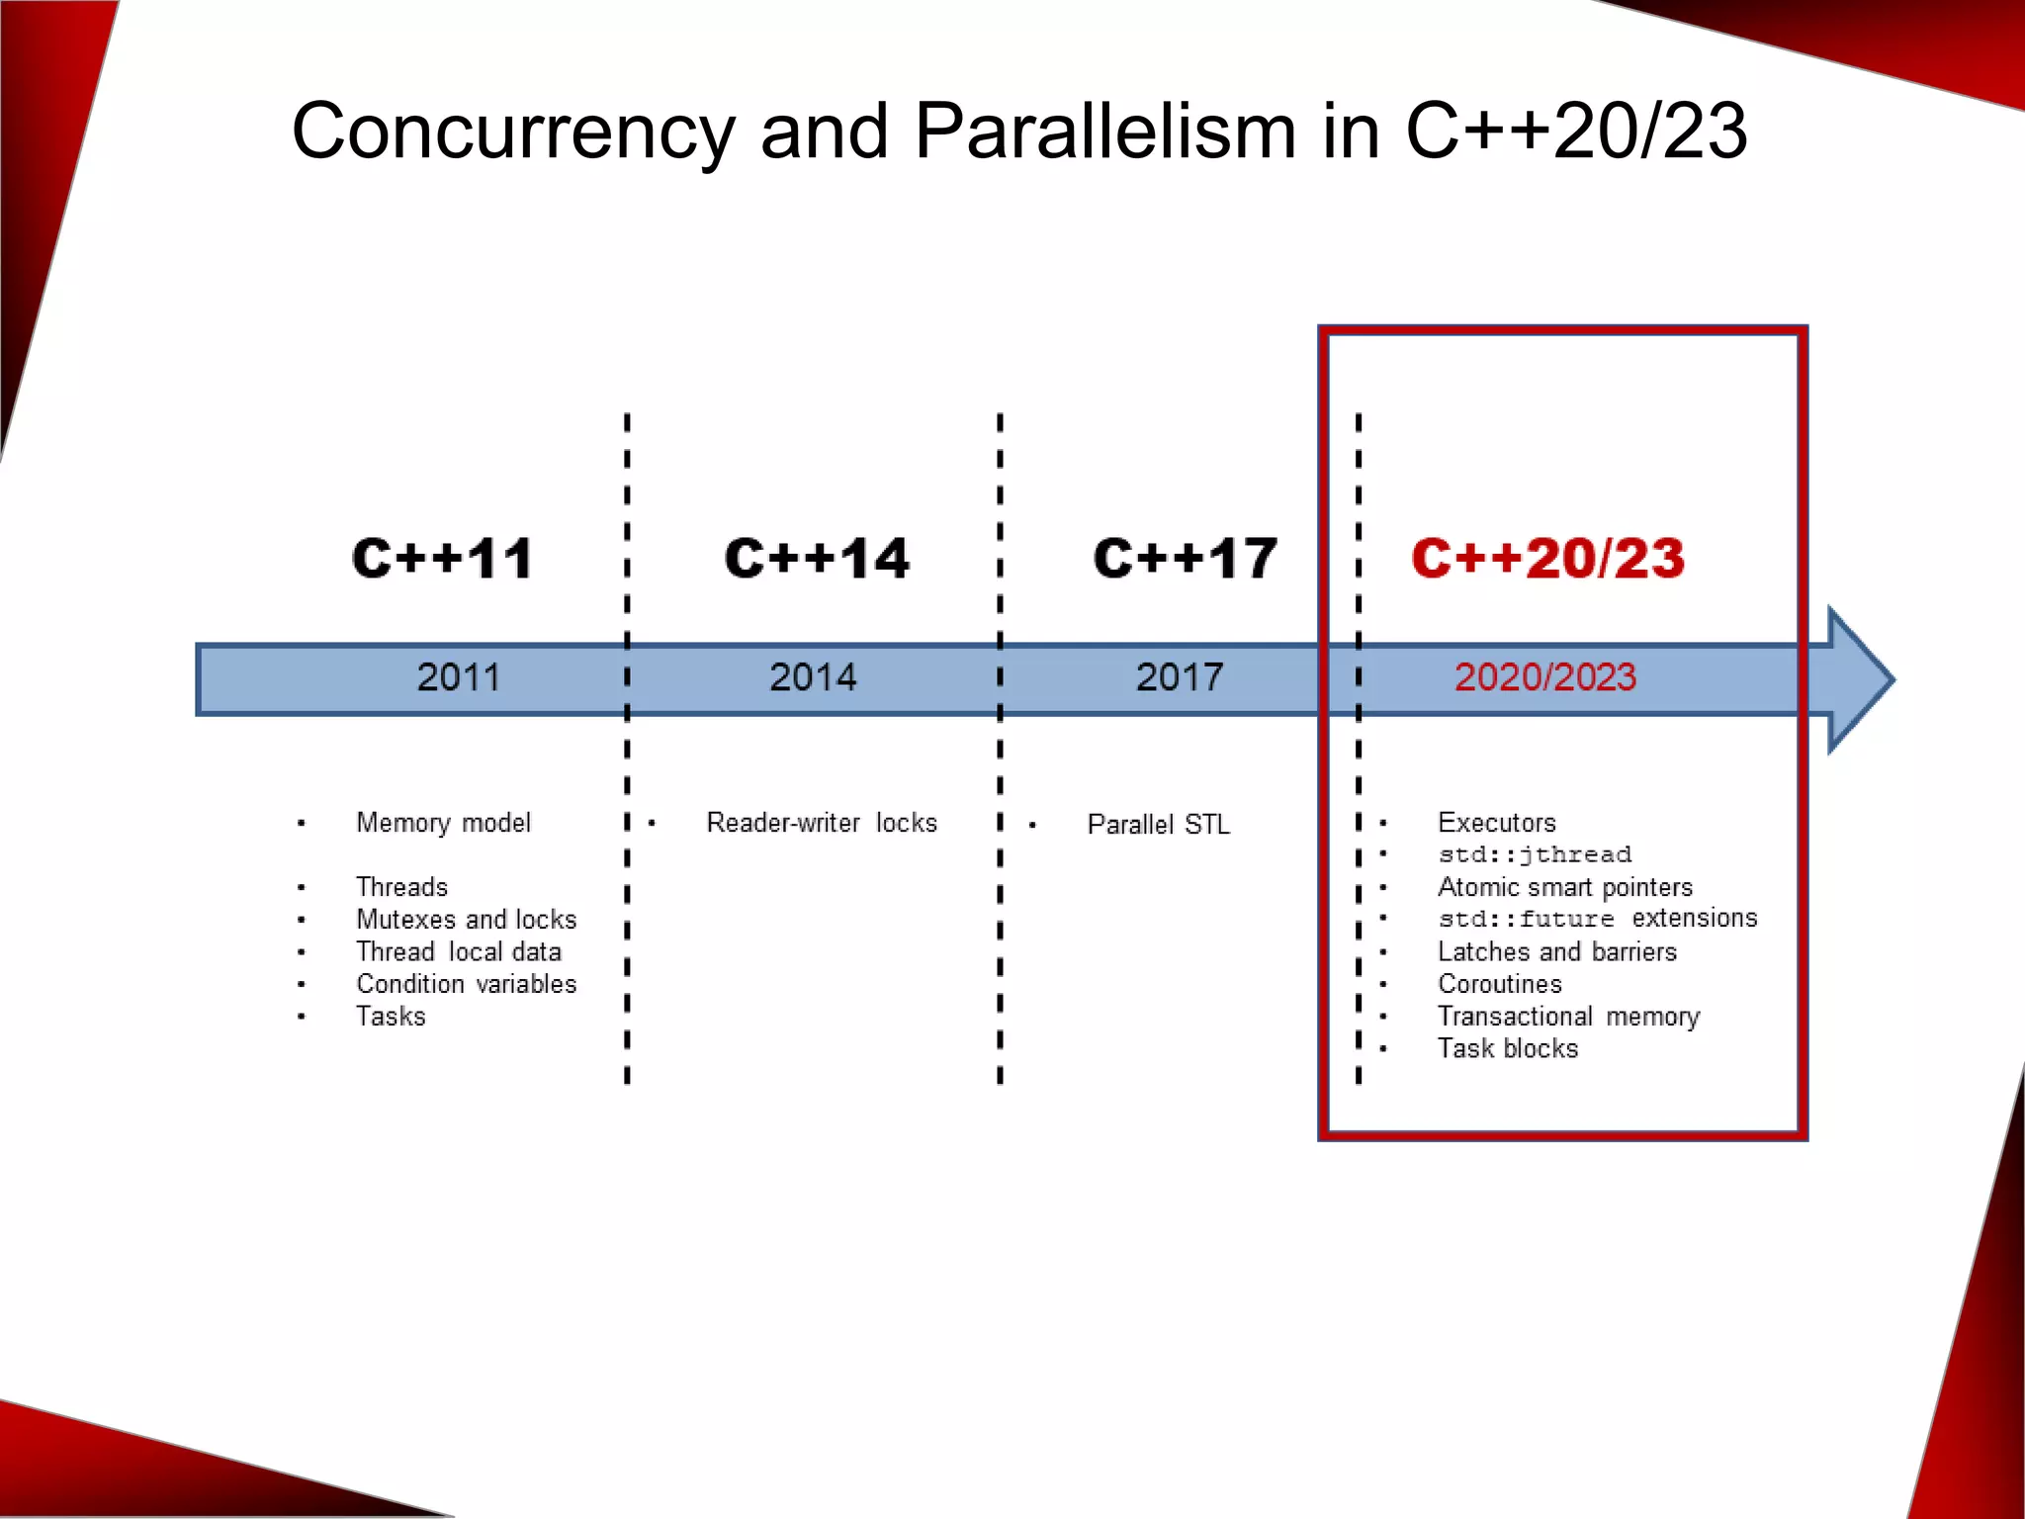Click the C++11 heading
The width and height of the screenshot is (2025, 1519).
point(442,559)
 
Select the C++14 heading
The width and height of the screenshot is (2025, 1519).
point(817,559)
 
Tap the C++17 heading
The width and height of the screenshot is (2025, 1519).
point(1186,559)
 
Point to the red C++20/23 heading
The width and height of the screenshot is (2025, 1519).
point(1548,559)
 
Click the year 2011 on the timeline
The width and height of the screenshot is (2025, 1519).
point(458,677)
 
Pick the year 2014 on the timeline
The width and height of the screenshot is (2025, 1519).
point(813,677)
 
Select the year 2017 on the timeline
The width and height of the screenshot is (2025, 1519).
point(1180,677)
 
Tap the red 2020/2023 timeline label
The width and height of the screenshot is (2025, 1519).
point(1545,677)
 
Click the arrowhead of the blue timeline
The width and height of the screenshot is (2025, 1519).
point(1859,679)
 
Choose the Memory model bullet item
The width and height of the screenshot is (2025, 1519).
point(443,823)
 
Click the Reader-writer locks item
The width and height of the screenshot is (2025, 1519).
point(822,823)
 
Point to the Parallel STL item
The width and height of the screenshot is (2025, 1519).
point(1159,825)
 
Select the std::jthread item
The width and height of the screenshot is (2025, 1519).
point(1535,854)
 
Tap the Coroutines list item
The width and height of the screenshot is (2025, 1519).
point(1500,984)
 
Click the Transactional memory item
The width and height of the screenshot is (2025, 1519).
point(1568,1017)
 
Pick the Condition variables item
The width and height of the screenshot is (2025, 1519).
point(466,984)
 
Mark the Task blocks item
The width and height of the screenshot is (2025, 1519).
point(1508,1048)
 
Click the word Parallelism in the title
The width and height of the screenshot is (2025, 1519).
point(1104,131)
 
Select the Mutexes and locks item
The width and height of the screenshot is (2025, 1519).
point(466,920)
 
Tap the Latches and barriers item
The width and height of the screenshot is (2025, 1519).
point(1557,951)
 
